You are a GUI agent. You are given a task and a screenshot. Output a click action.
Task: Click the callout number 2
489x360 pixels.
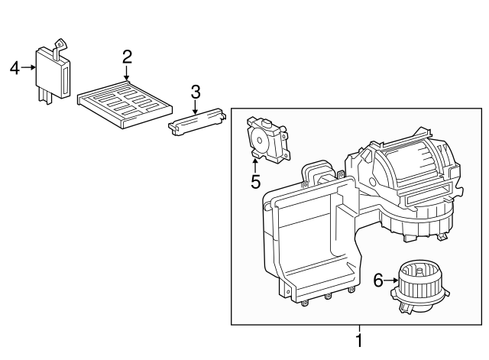(x=127, y=56)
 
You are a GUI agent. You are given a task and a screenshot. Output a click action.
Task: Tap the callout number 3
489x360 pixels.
(x=195, y=92)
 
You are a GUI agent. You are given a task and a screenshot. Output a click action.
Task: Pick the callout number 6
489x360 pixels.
(x=377, y=281)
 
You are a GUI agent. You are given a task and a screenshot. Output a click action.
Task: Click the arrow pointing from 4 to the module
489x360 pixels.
(x=29, y=67)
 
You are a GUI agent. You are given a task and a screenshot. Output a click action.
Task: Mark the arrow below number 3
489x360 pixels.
(x=195, y=107)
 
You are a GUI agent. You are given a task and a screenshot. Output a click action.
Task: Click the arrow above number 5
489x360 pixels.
(x=255, y=164)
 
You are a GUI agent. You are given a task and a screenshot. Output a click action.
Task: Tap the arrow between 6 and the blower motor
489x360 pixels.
(x=390, y=281)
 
